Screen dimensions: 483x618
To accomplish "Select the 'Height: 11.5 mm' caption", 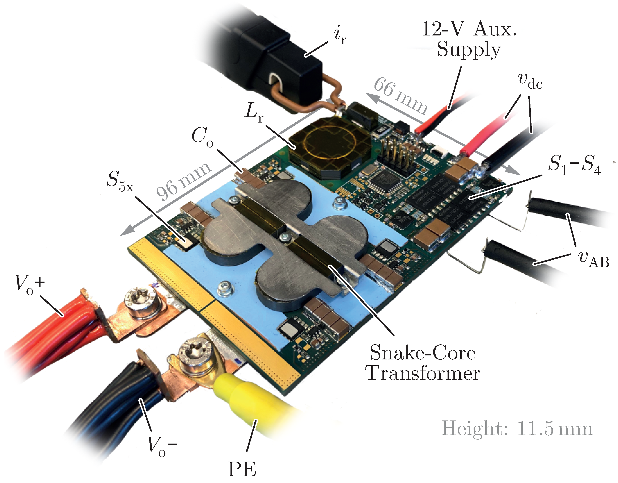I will pyautogui.click(x=517, y=428).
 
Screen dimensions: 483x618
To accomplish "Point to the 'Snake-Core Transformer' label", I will pyautogui.click(x=423, y=363).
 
